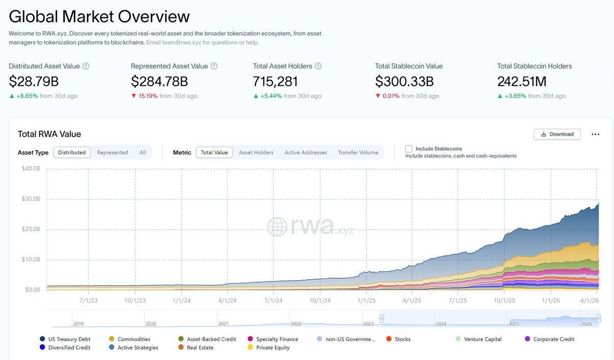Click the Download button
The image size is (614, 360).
pyautogui.click(x=557, y=134)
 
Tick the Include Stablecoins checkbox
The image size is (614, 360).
pyautogui.click(x=409, y=149)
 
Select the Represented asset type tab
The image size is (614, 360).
pyautogui.click(x=113, y=152)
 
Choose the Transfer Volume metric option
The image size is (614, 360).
pyautogui.click(x=358, y=152)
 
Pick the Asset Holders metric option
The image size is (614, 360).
pyautogui.click(x=256, y=152)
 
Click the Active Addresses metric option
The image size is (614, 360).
pyautogui.click(x=305, y=152)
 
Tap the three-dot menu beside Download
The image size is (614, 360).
pyautogui.click(x=595, y=134)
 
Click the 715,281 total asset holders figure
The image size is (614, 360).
pyautogui.click(x=275, y=81)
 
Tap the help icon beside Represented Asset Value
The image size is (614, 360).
pyautogui.click(x=214, y=66)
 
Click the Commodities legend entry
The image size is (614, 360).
pyautogui.click(x=134, y=339)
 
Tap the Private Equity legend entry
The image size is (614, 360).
pyautogui.click(x=272, y=348)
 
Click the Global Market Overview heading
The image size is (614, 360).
pyautogui.click(x=99, y=16)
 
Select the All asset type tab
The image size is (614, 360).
pyautogui.click(x=142, y=152)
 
